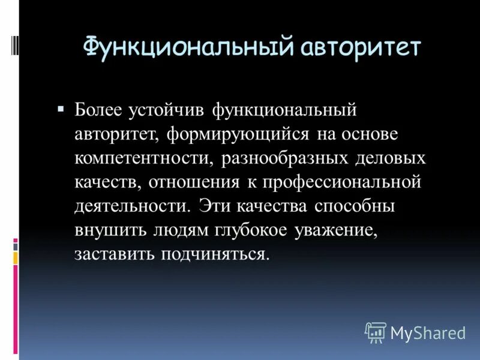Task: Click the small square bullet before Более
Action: coord(60,109)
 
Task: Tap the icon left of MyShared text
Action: coord(376,332)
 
